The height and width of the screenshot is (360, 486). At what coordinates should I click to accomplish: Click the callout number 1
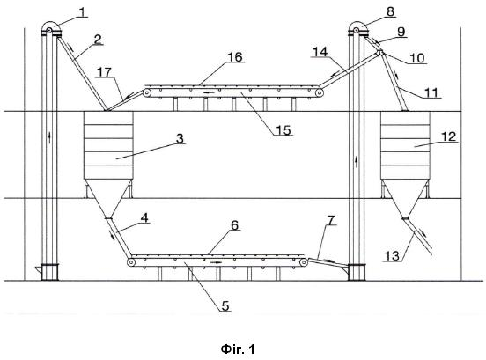tap(83, 12)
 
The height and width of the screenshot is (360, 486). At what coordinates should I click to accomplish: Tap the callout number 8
tap(390, 11)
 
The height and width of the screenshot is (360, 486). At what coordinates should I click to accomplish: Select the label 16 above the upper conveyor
tap(235, 57)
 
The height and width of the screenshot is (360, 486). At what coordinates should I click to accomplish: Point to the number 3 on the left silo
tap(180, 139)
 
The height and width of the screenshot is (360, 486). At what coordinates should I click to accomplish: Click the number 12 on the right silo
tap(448, 136)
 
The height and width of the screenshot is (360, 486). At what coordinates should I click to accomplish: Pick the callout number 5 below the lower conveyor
tap(225, 305)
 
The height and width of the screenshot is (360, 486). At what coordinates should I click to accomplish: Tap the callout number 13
tap(392, 256)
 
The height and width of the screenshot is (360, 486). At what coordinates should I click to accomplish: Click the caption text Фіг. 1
tap(238, 349)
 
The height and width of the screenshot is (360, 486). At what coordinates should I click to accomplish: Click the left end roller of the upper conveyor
tap(147, 92)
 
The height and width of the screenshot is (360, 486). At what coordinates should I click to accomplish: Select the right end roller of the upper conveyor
tap(320, 92)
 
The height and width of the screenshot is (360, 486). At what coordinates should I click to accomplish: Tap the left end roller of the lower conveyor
tap(131, 262)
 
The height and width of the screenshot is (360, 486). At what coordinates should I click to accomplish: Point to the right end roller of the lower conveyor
tap(304, 262)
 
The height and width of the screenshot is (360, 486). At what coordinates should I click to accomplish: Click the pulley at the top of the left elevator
tap(49, 30)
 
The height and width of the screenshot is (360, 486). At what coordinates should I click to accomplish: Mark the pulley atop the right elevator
tap(357, 30)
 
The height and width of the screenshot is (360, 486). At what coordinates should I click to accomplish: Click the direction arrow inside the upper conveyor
tap(209, 92)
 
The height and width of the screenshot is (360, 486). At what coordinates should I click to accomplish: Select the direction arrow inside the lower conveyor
tap(216, 262)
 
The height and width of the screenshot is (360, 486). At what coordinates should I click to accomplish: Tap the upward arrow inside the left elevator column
tap(49, 137)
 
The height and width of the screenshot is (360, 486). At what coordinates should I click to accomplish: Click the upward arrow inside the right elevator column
tap(357, 162)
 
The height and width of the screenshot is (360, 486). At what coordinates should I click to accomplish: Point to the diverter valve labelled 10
tap(379, 53)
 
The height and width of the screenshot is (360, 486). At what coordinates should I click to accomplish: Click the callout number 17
tap(104, 72)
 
